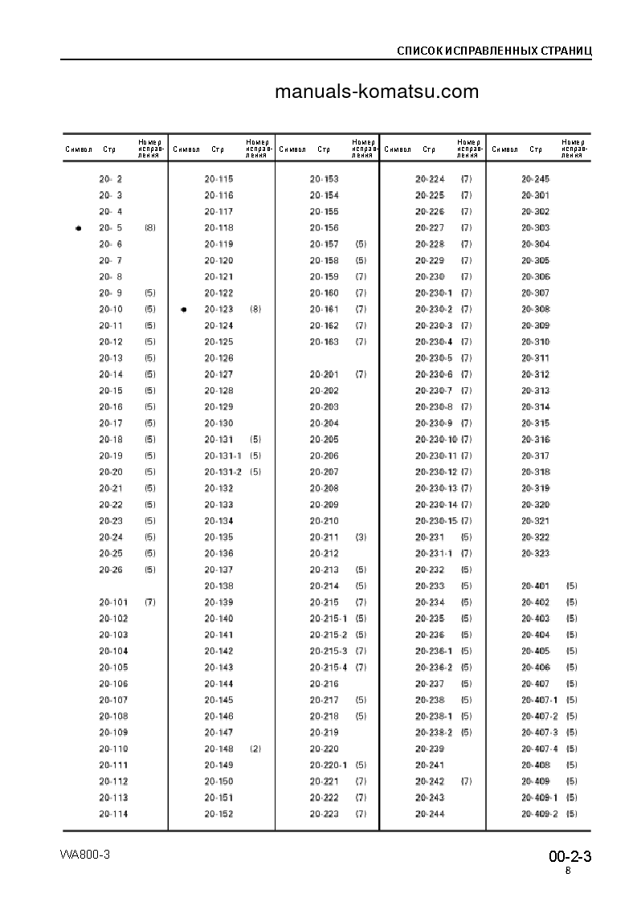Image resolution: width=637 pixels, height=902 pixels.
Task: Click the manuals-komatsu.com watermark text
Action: [x=376, y=92]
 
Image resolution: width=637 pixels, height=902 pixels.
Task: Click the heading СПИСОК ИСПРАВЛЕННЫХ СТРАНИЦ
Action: [x=494, y=51]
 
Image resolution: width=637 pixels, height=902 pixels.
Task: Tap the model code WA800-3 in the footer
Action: [x=84, y=854]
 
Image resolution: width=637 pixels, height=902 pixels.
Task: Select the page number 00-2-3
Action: [x=570, y=856]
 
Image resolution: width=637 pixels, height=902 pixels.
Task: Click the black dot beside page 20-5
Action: [x=78, y=228]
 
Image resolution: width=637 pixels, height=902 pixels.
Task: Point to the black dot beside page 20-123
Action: [x=184, y=309]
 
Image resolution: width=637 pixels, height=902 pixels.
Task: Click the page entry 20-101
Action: [x=113, y=602]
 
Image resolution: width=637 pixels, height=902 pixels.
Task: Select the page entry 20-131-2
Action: [x=223, y=471]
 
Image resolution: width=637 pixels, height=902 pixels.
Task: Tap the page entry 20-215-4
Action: [x=329, y=667]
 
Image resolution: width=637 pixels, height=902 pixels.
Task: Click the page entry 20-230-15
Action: [x=436, y=520]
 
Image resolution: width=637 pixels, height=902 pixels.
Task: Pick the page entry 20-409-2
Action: [x=539, y=814]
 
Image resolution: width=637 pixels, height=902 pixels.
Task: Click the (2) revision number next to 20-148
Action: [x=255, y=749]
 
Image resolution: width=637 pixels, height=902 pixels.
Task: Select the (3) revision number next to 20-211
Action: [x=361, y=537]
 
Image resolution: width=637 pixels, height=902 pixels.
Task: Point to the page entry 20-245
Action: [x=535, y=179]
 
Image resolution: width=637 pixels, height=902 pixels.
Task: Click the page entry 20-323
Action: [x=535, y=553]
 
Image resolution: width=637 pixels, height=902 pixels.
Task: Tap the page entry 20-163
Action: [x=324, y=341]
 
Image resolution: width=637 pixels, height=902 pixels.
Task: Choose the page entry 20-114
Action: [x=113, y=814]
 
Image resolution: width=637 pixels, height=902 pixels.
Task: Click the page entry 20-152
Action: [x=218, y=814]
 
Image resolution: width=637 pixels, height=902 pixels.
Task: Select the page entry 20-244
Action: [x=430, y=814]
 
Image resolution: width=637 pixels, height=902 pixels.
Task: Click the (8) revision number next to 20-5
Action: [x=150, y=228]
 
